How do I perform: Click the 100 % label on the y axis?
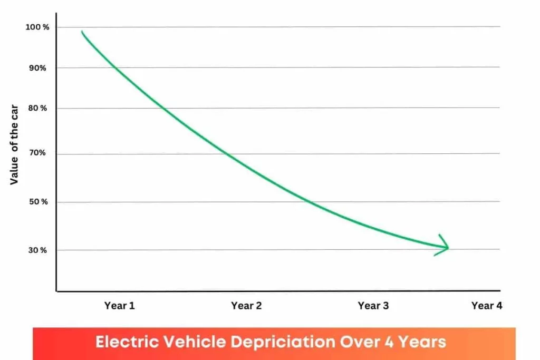37,27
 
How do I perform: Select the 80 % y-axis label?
37,108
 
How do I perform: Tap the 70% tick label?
38,153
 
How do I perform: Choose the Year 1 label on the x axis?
120,306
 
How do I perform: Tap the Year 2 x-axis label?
246,306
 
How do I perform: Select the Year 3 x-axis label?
373,306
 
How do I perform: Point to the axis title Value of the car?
15,140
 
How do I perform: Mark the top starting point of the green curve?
82,32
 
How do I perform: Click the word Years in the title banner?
421,342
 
